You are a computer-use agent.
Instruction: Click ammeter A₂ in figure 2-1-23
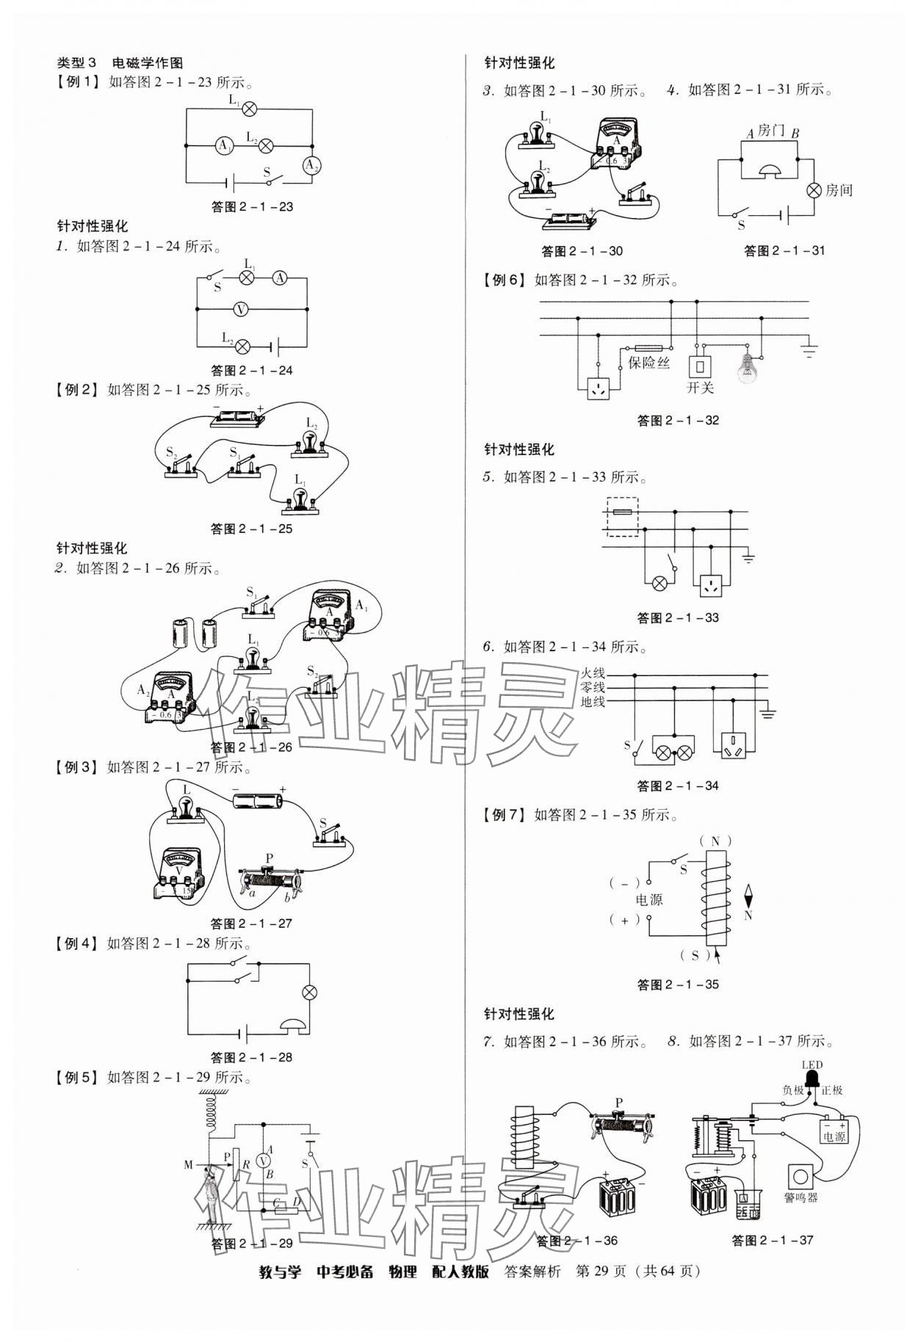tap(312, 164)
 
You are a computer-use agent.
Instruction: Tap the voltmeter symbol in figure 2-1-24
tap(240, 310)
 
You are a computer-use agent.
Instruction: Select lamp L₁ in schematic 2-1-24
tap(247, 278)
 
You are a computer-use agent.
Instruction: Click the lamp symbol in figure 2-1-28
tap(310, 993)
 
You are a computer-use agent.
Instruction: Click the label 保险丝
tap(648, 362)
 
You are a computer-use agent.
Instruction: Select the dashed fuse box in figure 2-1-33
tap(621, 517)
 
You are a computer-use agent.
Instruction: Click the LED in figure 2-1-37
tap(812, 1078)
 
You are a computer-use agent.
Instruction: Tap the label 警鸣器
tap(800, 1197)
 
